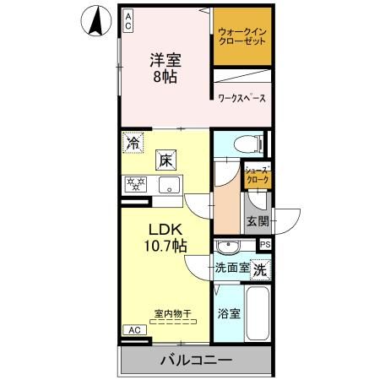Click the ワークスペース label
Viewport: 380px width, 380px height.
[242, 99]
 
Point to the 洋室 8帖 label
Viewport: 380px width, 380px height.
[166, 68]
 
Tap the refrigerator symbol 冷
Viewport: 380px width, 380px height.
[133, 143]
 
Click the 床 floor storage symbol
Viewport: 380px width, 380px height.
[166, 159]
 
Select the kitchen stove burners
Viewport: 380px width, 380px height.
[136, 185]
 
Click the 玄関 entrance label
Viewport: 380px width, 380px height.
[258, 222]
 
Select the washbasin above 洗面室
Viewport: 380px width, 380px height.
[228, 247]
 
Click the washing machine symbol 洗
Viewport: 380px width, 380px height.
[262, 270]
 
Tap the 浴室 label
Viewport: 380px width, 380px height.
[228, 314]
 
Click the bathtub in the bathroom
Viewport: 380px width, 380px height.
[257, 312]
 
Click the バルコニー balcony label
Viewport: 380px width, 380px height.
[196, 361]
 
